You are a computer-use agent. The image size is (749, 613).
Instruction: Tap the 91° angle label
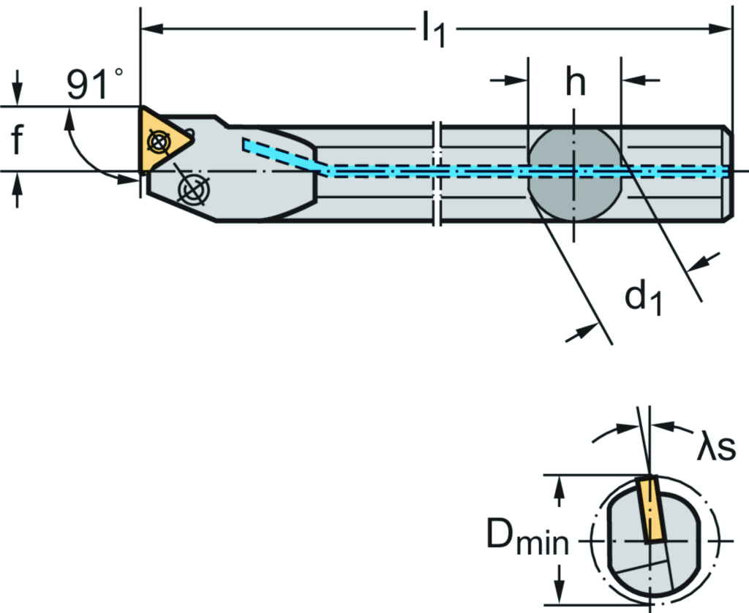(x=95, y=85)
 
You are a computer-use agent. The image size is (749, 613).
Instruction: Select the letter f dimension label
(x=18, y=140)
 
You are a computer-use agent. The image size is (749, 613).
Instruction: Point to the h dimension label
(x=575, y=83)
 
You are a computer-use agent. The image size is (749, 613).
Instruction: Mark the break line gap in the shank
(x=437, y=172)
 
